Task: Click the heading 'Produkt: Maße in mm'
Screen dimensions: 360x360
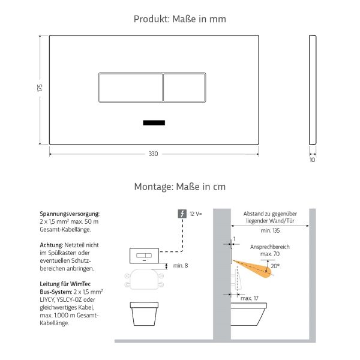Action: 180,19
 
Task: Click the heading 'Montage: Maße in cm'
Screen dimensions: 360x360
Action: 180,187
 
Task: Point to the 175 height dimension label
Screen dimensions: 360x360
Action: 40,89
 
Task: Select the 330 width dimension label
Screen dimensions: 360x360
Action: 153,154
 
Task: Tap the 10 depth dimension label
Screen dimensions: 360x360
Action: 313,160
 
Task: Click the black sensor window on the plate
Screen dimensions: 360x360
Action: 154,123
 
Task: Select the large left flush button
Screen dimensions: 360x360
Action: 130,88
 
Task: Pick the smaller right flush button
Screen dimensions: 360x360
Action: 184,88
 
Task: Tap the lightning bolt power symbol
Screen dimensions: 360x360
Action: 182,214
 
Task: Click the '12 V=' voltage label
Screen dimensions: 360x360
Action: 196,214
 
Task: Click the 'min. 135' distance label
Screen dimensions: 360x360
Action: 269,230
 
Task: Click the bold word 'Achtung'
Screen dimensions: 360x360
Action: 51,245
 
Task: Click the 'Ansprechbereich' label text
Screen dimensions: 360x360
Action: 270,246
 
